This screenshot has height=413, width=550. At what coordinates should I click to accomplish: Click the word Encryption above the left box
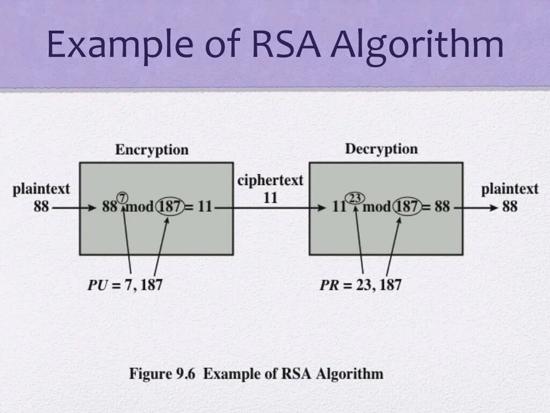(x=151, y=150)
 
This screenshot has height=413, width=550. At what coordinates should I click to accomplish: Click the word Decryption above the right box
(x=381, y=149)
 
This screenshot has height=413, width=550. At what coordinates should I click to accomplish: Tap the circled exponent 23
(x=354, y=197)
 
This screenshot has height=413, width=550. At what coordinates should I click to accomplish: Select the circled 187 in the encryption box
(x=170, y=206)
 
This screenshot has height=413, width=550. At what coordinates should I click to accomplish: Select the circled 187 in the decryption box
(x=408, y=206)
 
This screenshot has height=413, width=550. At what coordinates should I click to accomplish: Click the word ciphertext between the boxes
(x=270, y=181)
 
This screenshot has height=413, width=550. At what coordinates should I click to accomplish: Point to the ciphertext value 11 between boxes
(x=270, y=198)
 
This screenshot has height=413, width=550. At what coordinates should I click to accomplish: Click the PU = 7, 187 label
(x=125, y=284)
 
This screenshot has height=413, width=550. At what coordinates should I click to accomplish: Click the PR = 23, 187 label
(x=360, y=284)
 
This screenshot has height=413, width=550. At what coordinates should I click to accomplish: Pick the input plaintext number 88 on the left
(x=41, y=206)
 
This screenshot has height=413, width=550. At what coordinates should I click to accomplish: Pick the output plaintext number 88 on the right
(x=510, y=206)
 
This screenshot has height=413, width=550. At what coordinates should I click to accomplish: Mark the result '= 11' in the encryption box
(x=199, y=206)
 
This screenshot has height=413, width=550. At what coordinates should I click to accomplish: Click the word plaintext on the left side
(x=41, y=189)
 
